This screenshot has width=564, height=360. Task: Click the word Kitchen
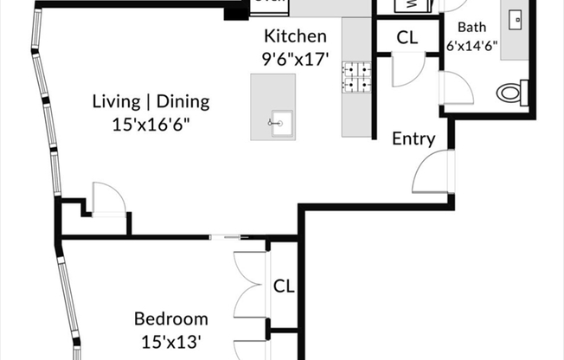click(295, 36)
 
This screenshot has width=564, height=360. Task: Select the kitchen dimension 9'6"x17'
click(295, 61)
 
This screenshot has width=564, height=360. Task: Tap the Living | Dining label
click(151, 101)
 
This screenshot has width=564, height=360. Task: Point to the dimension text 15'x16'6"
click(151, 124)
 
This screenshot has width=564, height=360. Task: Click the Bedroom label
click(170, 318)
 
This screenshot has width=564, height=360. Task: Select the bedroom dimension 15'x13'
click(170, 341)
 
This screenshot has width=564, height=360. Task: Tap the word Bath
click(471, 27)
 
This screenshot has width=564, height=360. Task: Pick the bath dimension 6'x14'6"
click(471, 46)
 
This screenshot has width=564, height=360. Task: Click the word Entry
click(413, 138)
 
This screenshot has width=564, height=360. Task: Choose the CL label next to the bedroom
click(284, 286)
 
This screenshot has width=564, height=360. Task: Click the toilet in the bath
click(513, 91)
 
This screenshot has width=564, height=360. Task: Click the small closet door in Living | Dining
click(106, 198)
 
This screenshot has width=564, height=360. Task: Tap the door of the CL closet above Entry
click(406, 71)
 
